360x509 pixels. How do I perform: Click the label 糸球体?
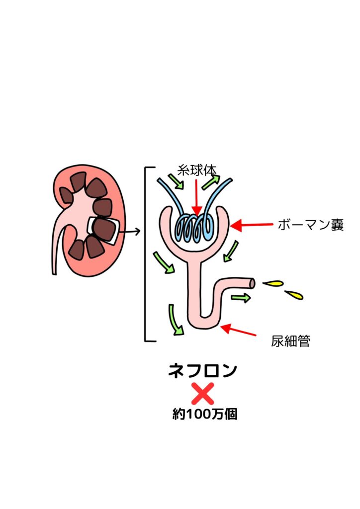[197, 170]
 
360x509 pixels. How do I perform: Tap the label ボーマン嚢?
[311, 225]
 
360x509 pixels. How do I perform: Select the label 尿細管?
[290, 341]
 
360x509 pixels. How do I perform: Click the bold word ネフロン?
[202, 370]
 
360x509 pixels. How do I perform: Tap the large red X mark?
[203, 394]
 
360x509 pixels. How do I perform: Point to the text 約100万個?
[204, 414]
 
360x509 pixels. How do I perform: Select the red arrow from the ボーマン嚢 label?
[251, 225]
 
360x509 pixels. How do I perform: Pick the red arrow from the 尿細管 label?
[238, 330]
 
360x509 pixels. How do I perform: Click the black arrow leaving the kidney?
[129, 232]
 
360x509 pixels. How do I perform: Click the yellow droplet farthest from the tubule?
[294, 295]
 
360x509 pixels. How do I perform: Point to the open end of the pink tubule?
[252, 284]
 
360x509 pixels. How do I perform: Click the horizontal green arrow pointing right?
[241, 297]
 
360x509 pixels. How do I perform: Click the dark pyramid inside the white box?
[103, 230]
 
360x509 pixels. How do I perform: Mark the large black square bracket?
[146, 254]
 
